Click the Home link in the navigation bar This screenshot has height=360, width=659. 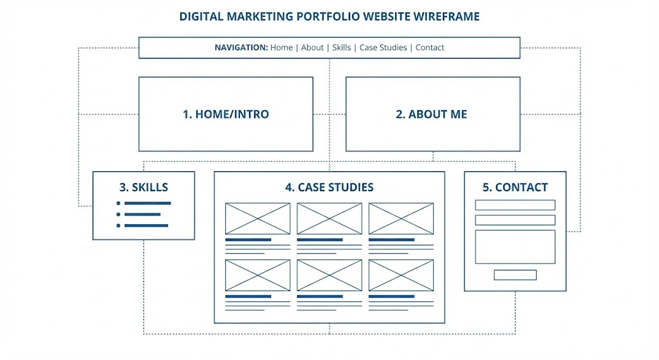click(281, 48)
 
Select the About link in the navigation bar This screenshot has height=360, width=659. click(312, 48)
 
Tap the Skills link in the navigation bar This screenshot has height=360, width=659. click(341, 48)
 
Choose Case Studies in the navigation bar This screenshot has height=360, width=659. click(383, 48)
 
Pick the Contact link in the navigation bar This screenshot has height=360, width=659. click(429, 48)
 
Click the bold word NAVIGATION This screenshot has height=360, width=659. click(241, 48)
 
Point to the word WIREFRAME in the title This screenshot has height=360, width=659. click(447, 16)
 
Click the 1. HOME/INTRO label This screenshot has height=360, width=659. click(226, 114)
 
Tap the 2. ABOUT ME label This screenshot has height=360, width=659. click(431, 114)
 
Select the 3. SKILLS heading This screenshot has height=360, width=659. click(144, 187)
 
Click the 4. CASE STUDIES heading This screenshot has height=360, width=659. click(329, 187)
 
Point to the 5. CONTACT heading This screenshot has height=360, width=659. click(515, 187)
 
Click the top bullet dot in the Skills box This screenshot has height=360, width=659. click(118, 203)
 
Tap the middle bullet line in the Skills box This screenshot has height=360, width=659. click(142, 214)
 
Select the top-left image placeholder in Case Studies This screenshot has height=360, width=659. click(257, 219)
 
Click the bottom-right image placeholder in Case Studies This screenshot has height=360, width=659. click(401, 276)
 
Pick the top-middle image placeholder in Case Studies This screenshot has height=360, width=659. click(329, 219)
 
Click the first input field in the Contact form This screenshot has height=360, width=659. click(515, 205)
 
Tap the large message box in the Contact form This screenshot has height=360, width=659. click(515, 247)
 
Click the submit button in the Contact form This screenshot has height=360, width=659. click(515, 275)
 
